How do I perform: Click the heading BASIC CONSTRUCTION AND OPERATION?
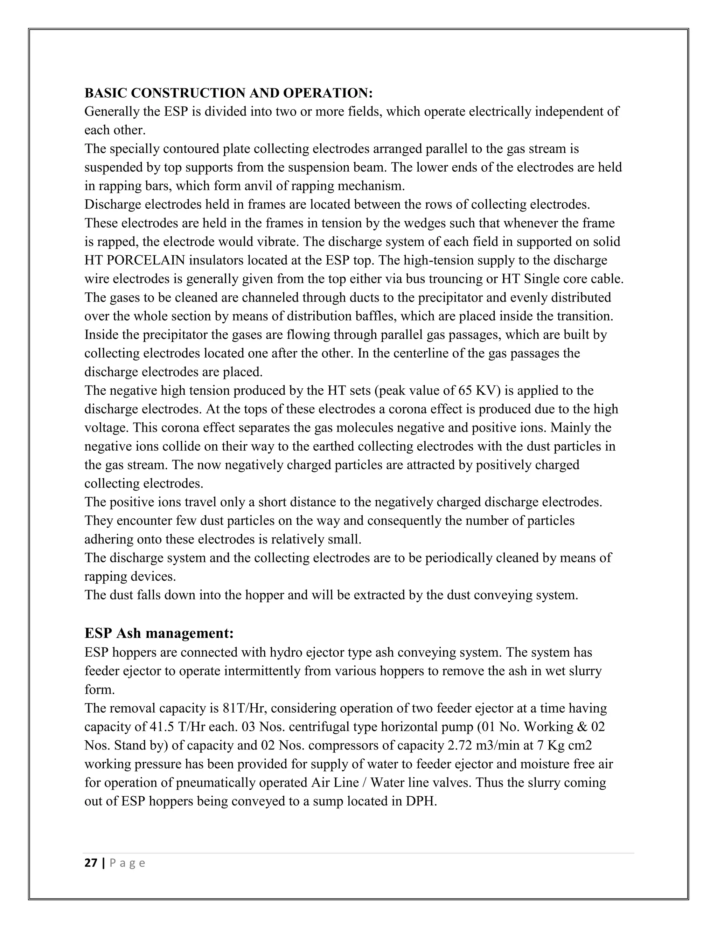228,93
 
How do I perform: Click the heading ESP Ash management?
159,633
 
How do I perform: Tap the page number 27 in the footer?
91,863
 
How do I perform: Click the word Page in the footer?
127,863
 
